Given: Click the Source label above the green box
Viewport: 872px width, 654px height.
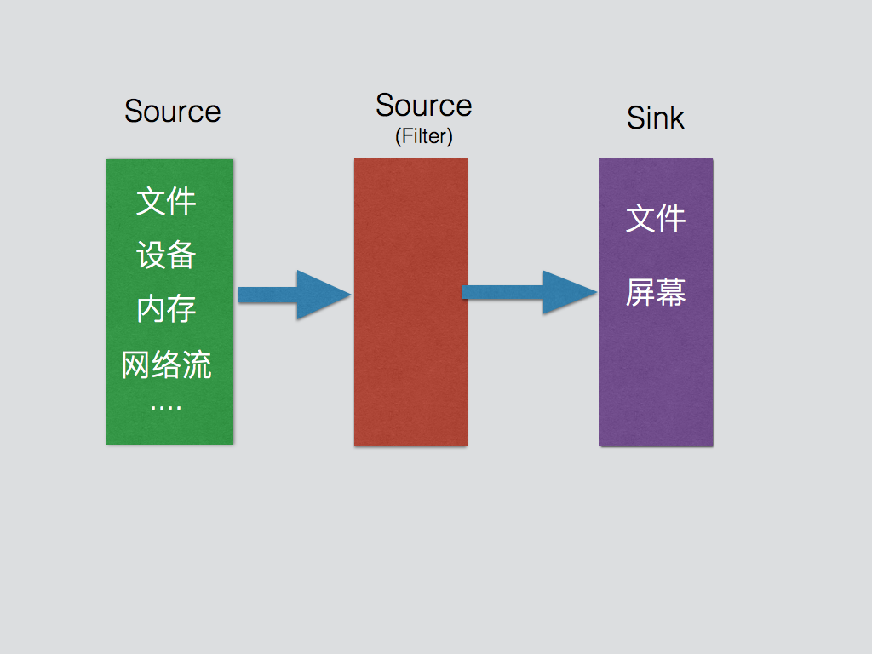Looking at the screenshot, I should pyautogui.click(x=172, y=112).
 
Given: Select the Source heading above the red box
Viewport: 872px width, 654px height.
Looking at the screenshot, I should pyautogui.click(x=423, y=106).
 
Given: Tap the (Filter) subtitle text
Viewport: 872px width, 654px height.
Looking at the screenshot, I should pyautogui.click(x=423, y=136).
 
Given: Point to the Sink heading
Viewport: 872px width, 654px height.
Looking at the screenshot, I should pyautogui.click(x=655, y=118).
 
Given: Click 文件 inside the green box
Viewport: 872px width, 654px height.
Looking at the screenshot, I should pyautogui.click(x=167, y=202).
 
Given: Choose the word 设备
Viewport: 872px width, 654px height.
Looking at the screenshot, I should pyautogui.click(x=167, y=255).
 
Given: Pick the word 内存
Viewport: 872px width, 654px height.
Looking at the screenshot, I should pyautogui.click(x=167, y=309).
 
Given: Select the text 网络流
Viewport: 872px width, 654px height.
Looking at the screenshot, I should pyautogui.click(x=167, y=364).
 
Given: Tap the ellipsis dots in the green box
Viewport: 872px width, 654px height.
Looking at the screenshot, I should pyautogui.click(x=166, y=407).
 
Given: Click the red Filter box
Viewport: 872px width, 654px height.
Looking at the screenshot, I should pyautogui.click(x=410, y=341).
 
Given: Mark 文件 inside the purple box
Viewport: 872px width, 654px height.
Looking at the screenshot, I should pyautogui.click(x=656, y=219).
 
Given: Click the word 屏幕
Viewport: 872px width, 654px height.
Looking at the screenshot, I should pyautogui.click(x=656, y=293).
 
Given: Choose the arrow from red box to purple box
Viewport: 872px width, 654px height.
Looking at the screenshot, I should pyautogui.click(x=528, y=293).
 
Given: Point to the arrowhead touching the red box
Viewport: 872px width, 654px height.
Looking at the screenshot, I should pyautogui.click(x=328, y=295).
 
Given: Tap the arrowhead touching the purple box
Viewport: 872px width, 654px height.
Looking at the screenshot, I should pyautogui.click(x=571, y=293).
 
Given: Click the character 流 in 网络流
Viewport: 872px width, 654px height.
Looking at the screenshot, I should pyautogui.click(x=198, y=364).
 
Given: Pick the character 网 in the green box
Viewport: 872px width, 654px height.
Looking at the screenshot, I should pyautogui.click(x=136, y=364).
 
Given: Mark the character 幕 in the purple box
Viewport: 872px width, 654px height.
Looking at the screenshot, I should pyautogui.click(x=672, y=293).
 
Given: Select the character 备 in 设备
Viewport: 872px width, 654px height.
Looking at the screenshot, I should pyautogui.click(x=182, y=255).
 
